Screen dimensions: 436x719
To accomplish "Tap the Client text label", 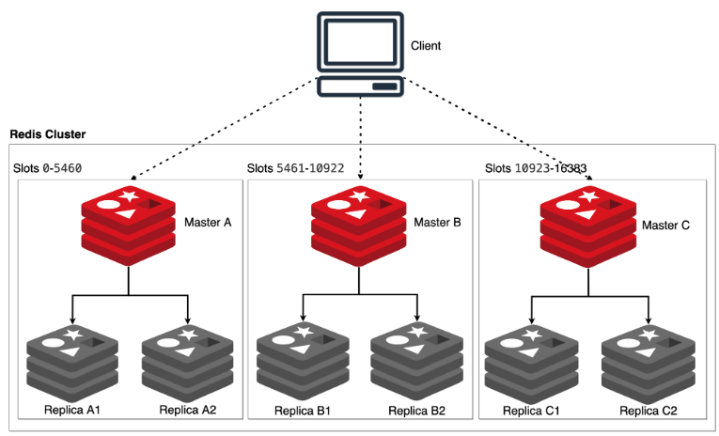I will pyautogui.click(x=426, y=46).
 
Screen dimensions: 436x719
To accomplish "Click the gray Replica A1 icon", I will pyautogui.click(x=71, y=362).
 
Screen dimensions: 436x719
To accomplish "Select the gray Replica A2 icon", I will pyautogui.click(x=187, y=362).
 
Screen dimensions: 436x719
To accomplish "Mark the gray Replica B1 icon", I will pyautogui.click(x=302, y=362).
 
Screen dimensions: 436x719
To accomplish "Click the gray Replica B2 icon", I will pyautogui.click(x=416, y=362).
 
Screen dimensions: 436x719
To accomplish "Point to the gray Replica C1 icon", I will pyautogui.click(x=531, y=362).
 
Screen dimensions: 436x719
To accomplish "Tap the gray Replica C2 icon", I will pyautogui.click(x=647, y=362).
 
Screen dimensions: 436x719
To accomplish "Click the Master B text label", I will pyautogui.click(x=439, y=223).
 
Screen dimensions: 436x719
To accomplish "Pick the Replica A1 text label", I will pyautogui.click(x=72, y=411).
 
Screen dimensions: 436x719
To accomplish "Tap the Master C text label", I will pyautogui.click(x=665, y=226).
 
